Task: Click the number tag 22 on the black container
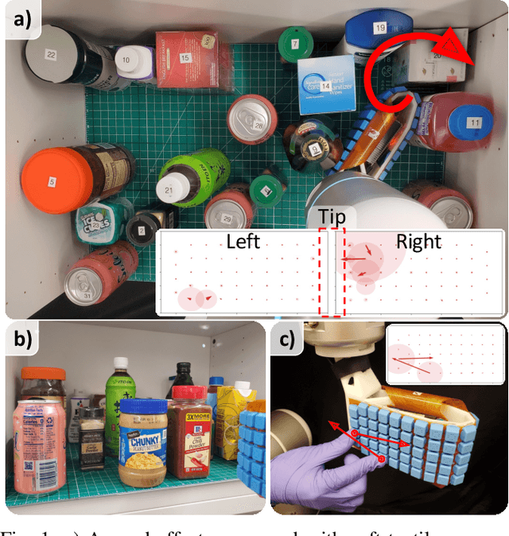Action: point(52,54)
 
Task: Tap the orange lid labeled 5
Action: point(52,182)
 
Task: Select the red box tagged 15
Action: point(185,58)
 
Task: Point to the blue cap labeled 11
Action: point(475,123)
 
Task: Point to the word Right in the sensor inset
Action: point(418,241)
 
